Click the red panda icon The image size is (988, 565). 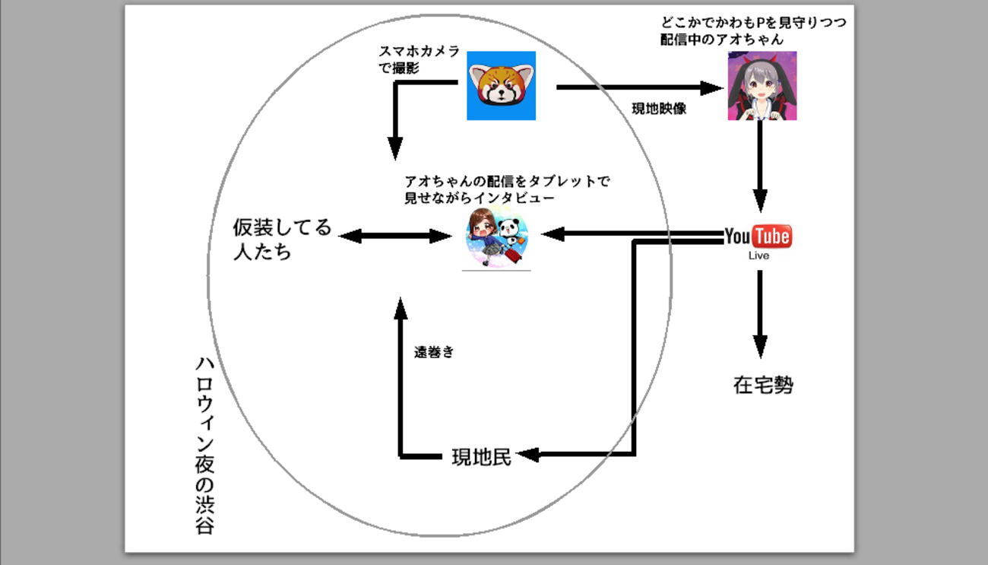(501, 86)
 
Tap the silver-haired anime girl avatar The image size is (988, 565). (762, 86)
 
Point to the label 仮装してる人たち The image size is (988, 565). (282, 239)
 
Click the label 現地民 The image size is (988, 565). (482, 457)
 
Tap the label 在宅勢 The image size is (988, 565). (763, 386)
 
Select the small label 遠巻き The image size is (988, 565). (434, 351)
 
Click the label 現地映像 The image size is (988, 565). (659, 109)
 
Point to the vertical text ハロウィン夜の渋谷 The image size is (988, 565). (203, 445)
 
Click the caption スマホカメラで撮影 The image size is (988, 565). (419, 59)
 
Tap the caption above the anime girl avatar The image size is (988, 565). (752, 31)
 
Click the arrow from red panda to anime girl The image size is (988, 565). (638, 87)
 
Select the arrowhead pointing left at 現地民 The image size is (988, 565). (527, 455)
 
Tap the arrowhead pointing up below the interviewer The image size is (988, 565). (400, 307)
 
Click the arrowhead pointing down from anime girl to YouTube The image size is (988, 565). (759, 202)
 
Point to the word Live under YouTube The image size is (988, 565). (758, 256)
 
